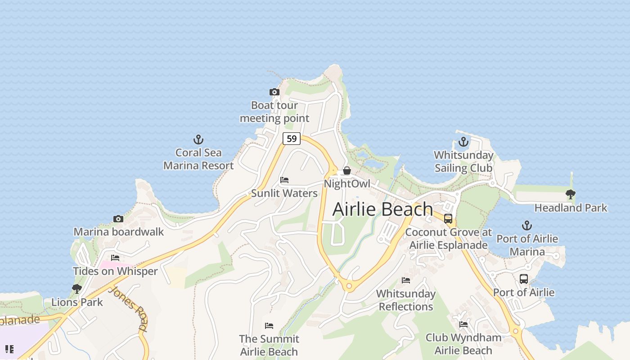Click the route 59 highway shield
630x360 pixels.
292,139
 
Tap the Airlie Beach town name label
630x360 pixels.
383,209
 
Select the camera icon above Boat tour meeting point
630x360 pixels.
274,92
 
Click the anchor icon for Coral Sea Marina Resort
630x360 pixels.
198,139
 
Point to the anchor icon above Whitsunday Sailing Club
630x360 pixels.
463,142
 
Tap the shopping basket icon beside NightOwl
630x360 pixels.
347,171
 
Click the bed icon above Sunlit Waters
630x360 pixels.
284,180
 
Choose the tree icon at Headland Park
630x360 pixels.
571,194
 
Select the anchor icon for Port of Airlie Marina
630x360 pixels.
527,225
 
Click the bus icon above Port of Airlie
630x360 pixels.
524,279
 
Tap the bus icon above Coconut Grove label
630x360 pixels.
448,219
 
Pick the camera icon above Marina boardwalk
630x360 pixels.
118,219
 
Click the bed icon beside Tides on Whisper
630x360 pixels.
115,258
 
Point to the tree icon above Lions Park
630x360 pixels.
77,288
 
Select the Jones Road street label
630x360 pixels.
128,308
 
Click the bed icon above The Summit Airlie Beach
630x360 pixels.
269,325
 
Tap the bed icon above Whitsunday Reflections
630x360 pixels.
406,280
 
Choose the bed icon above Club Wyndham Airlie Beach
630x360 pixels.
463,324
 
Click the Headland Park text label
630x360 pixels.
571,208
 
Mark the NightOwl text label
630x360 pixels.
347,184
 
